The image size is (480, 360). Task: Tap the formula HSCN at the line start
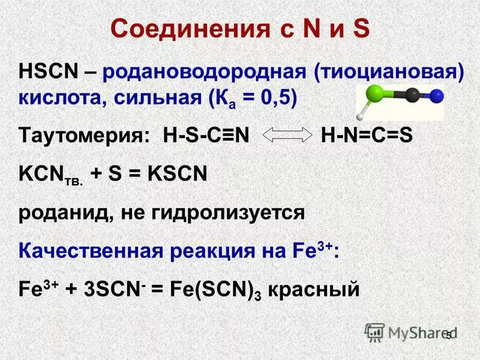(x=47, y=73)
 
